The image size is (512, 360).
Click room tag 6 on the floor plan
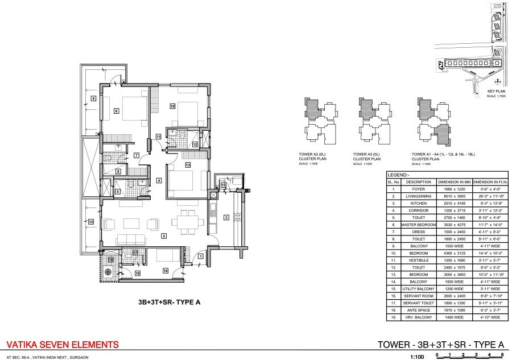pos(116,111)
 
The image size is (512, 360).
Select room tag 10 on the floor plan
pos(172,106)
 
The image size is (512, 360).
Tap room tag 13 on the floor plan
pos(187,165)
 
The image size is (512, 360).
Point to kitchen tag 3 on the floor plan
pos(226,217)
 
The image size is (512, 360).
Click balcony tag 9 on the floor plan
pos(93,98)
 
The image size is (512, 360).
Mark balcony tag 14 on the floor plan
pos(90,221)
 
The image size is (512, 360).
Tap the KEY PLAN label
pos(496,91)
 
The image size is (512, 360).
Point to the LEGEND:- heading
pos(398,175)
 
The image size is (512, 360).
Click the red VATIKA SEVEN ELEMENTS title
pos(62,344)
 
